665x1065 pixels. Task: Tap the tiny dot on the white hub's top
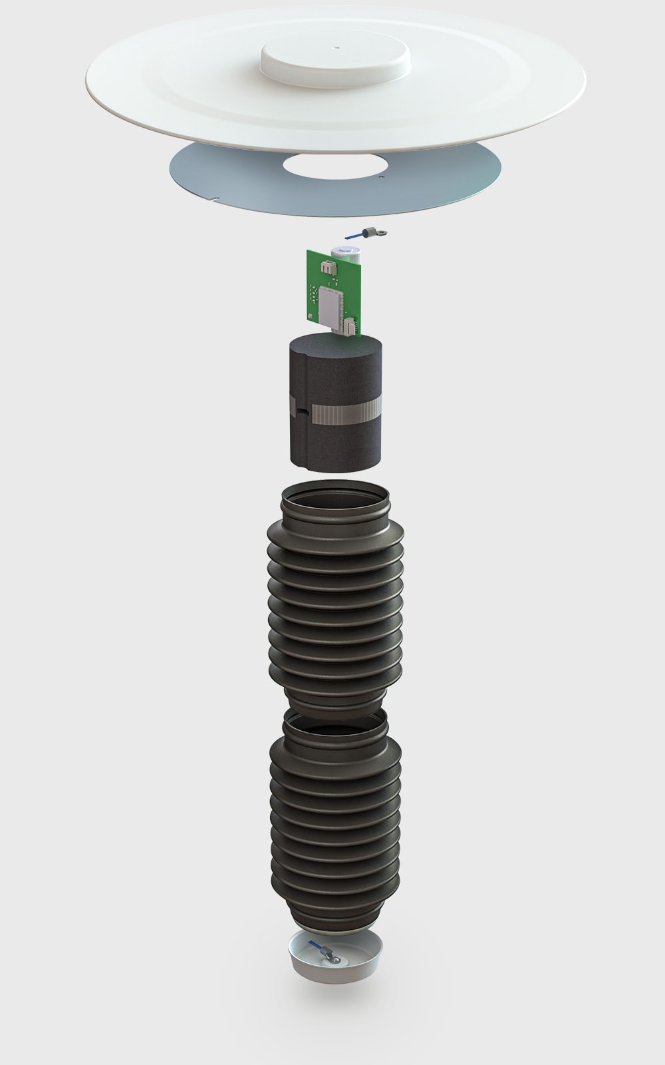coord(337,47)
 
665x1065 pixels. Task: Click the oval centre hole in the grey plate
coord(330,166)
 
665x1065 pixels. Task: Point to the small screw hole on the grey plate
coord(380,178)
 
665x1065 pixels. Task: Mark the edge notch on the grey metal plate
coord(219,197)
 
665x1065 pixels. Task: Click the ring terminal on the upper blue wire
coord(380,231)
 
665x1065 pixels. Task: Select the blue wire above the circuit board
coord(352,236)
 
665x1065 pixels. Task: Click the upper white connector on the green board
coord(327,267)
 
